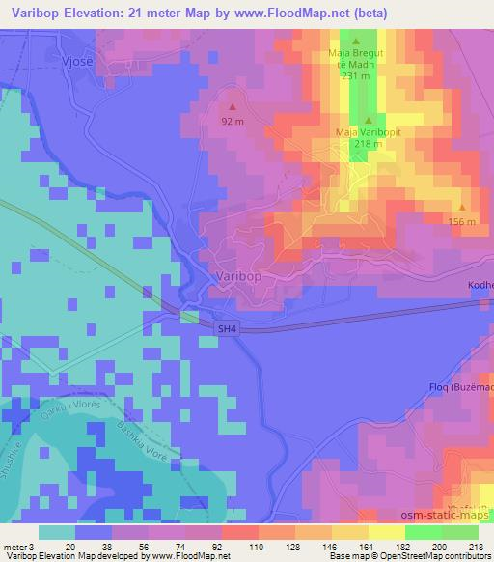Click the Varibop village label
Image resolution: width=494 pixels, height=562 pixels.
point(233,276)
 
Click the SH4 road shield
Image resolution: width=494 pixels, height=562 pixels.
point(226,328)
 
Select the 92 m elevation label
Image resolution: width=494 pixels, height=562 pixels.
point(233,122)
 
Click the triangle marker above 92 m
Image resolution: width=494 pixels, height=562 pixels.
point(233,107)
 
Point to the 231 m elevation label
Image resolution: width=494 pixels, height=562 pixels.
point(356,75)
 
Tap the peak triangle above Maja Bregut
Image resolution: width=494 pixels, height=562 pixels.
point(356,42)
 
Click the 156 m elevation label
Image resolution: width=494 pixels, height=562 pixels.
point(462,221)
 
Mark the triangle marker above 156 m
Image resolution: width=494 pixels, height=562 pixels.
point(462,207)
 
